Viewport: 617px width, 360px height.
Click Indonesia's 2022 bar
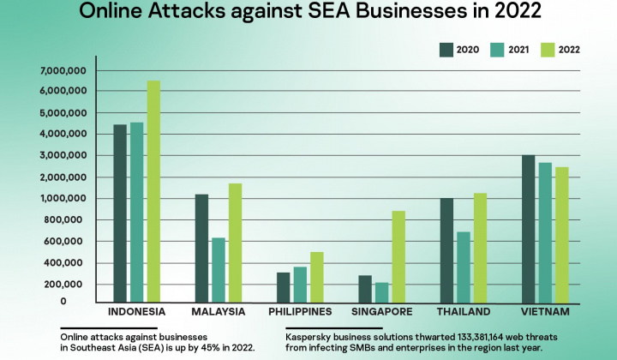pyautogui.click(x=153, y=190)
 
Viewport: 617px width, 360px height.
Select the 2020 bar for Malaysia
pyautogui.click(x=201, y=248)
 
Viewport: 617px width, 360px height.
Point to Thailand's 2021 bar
pyautogui.click(x=463, y=267)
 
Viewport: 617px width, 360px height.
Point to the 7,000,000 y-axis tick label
pyautogui.click(x=61, y=70)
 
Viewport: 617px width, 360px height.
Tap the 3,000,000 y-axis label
pyautogui.click(x=61, y=156)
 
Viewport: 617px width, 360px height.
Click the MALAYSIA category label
pyautogui.click(x=219, y=311)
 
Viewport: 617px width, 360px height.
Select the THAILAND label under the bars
pyautogui.click(x=463, y=311)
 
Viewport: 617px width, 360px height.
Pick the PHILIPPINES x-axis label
pyautogui.click(x=300, y=311)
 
